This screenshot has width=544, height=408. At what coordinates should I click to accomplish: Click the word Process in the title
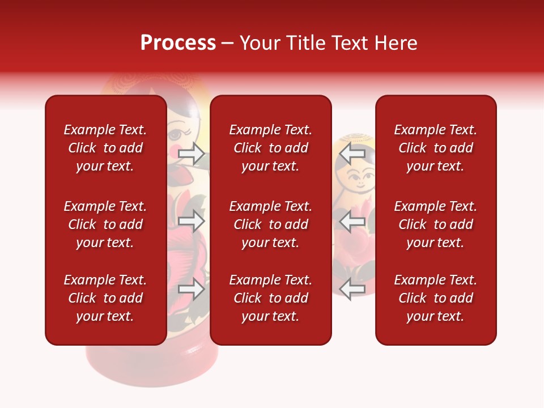pos(178,43)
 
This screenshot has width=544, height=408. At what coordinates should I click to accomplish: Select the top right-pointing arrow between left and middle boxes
pos(192,153)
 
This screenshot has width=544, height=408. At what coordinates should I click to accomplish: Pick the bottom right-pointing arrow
pos(192,289)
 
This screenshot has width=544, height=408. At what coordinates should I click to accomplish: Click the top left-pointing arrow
pos(352,153)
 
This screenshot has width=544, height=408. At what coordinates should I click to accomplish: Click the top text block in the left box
pos(105,148)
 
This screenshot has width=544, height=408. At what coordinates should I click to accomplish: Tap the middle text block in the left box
pos(105,224)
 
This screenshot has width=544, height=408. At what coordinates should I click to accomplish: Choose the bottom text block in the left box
pos(105,298)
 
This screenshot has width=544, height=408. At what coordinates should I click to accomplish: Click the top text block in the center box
pos(270,148)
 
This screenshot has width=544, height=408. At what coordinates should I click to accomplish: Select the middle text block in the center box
pos(270,224)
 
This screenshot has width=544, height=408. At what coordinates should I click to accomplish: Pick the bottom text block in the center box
pos(270,298)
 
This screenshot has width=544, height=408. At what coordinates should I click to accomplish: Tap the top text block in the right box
pos(435,148)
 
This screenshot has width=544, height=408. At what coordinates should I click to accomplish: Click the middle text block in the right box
pos(435,224)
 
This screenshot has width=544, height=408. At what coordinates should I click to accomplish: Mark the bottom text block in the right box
pos(435,298)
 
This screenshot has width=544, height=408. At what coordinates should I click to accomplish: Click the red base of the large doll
pos(152,365)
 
